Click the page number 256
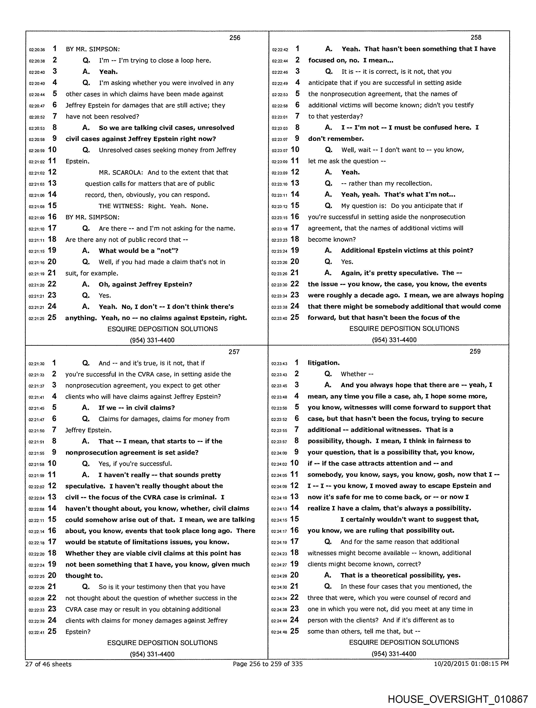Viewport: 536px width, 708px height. (235, 38)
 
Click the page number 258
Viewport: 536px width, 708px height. (476, 37)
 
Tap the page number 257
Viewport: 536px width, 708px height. (234, 352)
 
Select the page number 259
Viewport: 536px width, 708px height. (475, 351)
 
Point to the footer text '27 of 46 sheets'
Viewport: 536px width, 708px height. (48, 664)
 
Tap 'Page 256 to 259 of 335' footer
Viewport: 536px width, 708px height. (268, 664)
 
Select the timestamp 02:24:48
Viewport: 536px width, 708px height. (279, 632)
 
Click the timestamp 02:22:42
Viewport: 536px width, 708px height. (280, 50)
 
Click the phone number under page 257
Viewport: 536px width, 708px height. (152, 654)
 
